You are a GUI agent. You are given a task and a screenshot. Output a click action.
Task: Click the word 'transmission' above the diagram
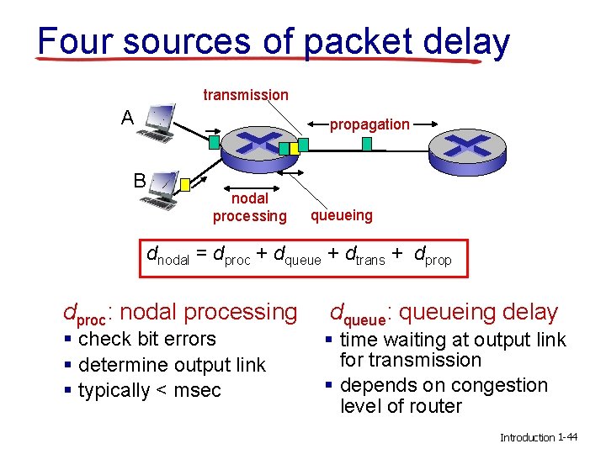(246, 95)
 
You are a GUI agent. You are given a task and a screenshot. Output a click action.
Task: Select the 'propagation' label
(369, 124)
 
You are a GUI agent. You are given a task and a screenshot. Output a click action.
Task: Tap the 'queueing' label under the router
(341, 215)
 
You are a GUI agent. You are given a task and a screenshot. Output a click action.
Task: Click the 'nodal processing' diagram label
(249, 208)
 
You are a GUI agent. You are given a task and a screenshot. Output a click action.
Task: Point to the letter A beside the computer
(127, 117)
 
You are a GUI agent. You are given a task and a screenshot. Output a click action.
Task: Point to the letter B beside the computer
(140, 179)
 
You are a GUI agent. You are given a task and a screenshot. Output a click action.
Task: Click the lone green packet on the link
(366, 144)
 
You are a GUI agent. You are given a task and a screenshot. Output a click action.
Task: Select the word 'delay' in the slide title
(466, 41)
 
